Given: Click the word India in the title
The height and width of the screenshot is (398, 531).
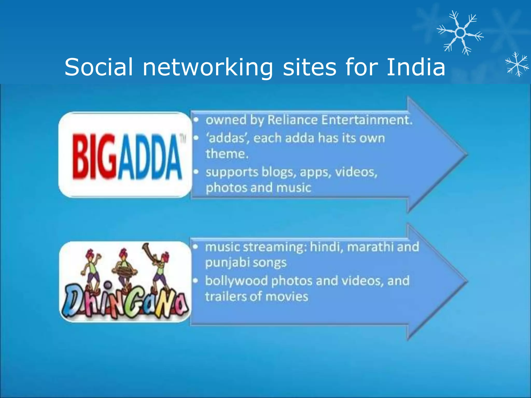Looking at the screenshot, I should click(x=416, y=67).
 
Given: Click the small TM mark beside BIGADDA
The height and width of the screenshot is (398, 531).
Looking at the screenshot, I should click(x=183, y=139).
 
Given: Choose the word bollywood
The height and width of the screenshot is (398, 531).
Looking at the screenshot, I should click(x=236, y=281).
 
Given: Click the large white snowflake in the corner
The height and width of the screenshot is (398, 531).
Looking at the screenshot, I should click(x=460, y=33).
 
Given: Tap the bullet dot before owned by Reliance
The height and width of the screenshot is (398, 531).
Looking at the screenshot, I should click(x=196, y=120).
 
